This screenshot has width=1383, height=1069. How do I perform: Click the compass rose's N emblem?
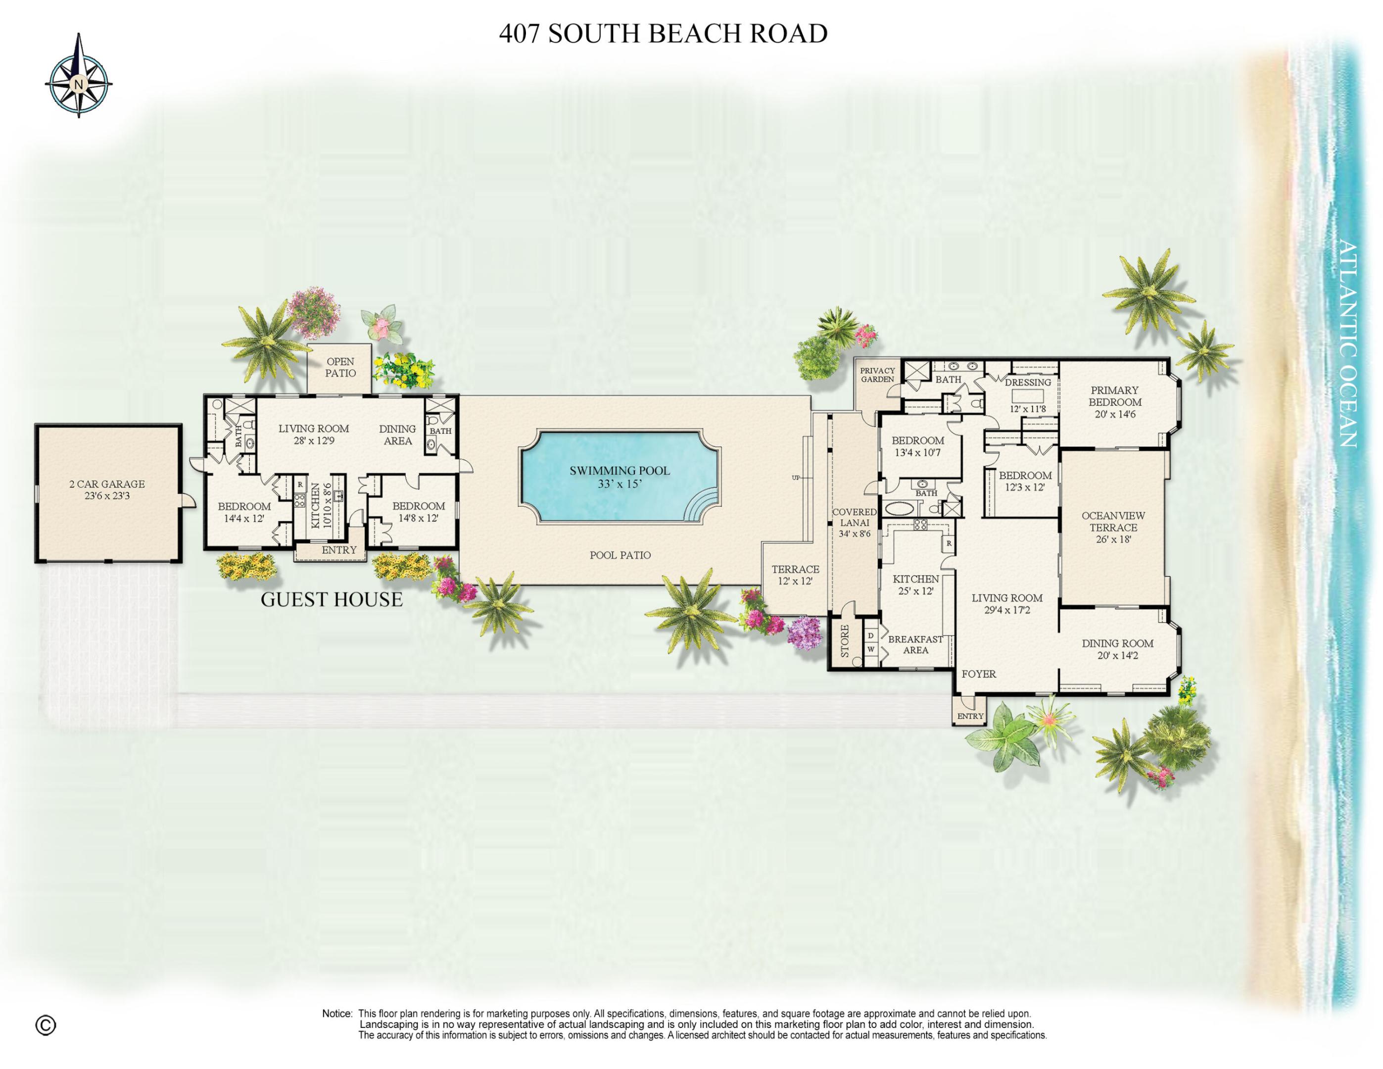tap(79, 84)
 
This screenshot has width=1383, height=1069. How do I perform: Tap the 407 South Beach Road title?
tap(663, 34)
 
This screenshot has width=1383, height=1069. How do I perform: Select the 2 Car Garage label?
tap(107, 489)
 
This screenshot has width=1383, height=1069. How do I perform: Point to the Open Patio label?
tap(340, 367)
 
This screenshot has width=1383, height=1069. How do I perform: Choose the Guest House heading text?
tap(331, 600)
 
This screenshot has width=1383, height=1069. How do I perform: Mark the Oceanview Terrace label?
tap(1113, 528)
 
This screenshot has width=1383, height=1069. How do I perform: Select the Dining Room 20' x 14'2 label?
tap(1118, 649)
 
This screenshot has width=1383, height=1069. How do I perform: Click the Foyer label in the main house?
tap(978, 674)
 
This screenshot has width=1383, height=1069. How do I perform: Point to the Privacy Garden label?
tap(877, 375)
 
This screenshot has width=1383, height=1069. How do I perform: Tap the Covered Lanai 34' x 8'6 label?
tap(854, 523)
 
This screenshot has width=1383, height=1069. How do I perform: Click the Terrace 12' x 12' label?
tap(795, 575)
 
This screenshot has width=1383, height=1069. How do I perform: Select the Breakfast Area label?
tap(916, 645)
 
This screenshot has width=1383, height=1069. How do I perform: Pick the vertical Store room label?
tap(845, 641)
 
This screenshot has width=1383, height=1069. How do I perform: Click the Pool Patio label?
tap(620, 555)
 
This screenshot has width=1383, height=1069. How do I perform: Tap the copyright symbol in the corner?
tap(46, 1025)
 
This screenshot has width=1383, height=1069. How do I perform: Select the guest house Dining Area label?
tap(398, 435)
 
